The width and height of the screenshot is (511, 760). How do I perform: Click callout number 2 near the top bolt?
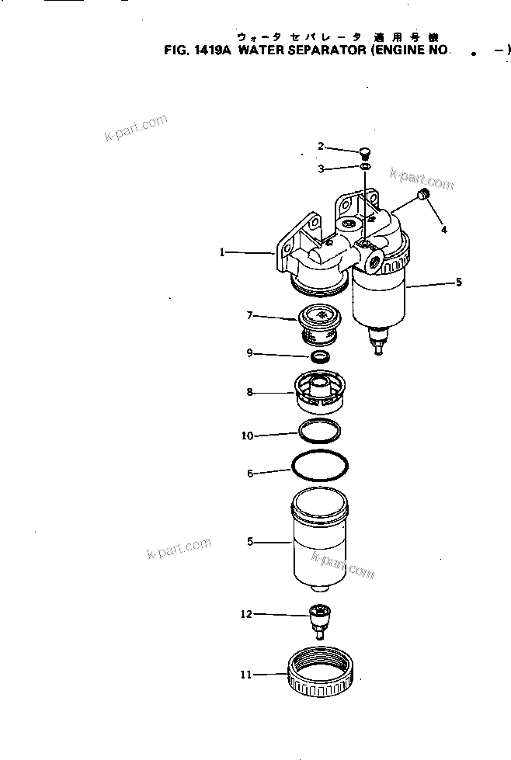[320, 146]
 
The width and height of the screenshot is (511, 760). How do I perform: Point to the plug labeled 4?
[424, 193]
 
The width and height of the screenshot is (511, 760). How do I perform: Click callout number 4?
[443, 229]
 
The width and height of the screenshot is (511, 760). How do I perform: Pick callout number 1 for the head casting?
[222, 252]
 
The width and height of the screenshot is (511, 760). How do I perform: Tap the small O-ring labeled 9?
[318, 357]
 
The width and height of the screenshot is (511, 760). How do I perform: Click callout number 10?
[248, 436]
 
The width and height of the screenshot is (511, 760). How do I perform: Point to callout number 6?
[250, 474]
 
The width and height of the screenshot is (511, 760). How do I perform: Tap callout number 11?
[245, 675]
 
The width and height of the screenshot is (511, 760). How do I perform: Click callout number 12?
[246, 614]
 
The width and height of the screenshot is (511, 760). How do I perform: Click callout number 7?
[250, 315]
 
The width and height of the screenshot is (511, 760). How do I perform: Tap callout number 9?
[250, 353]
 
